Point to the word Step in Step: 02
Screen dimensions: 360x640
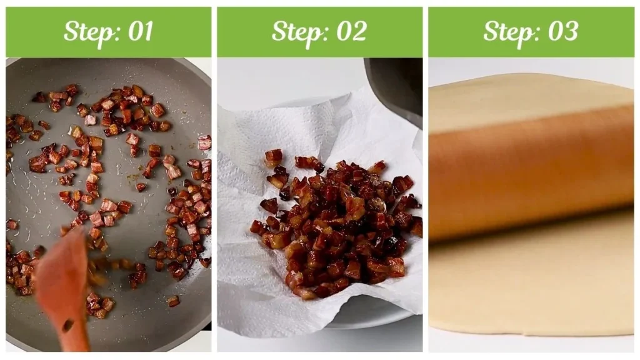pyautogui.click(x=297, y=32)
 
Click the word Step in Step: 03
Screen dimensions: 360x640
pyautogui.click(x=508, y=32)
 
